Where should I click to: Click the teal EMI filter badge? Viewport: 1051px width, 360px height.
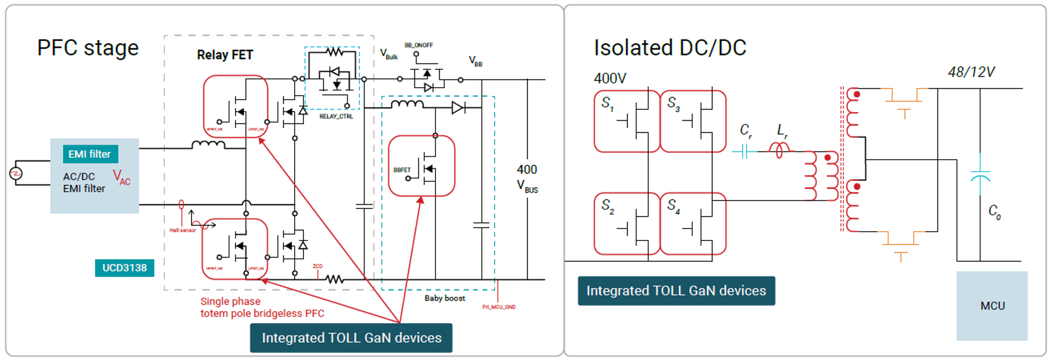click(90, 154)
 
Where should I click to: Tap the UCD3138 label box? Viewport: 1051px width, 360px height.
click(124, 268)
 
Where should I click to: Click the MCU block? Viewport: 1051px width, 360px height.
click(992, 306)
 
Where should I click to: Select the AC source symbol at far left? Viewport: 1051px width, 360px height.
click(16, 173)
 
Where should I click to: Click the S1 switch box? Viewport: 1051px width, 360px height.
click(627, 121)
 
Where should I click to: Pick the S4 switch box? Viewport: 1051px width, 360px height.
click(693, 224)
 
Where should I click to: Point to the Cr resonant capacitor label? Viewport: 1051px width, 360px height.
click(746, 131)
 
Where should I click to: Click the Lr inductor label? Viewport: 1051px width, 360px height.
click(782, 131)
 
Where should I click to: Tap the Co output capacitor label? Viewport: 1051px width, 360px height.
click(994, 212)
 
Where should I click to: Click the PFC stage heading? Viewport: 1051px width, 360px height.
click(88, 48)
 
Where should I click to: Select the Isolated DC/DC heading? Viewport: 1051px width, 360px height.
click(669, 48)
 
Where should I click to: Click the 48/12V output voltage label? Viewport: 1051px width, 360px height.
click(971, 72)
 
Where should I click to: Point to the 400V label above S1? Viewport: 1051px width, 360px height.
click(610, 78)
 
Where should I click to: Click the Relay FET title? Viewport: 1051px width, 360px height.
click(225, 55)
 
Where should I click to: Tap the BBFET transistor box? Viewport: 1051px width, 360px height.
click(422, 166)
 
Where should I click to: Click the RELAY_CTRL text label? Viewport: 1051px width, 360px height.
click(336, 117)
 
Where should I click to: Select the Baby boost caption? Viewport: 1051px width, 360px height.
click(445, 298)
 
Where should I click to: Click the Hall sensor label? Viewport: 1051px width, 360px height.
click(182, 230)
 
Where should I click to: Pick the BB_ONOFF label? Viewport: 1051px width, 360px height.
click(418, 45)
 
